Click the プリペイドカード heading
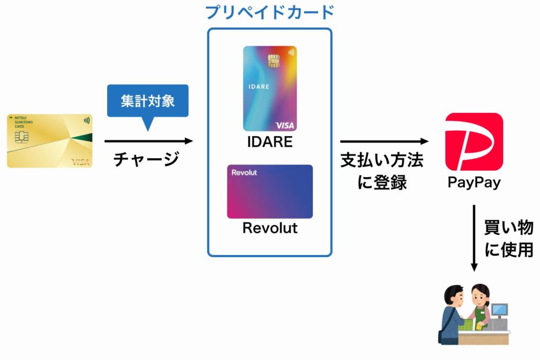(269, 12)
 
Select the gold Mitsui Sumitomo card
(50, 141)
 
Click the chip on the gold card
(22, 138)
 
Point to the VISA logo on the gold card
(80, 161)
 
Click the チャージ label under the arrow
(147, 159)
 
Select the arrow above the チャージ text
(149, 141)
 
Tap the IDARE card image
(269, 89)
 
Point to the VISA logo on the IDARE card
(285, 125)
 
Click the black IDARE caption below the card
(269, 142)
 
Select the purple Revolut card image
(269, 191)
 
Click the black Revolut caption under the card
(269, 228)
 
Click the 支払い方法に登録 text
(382, 171)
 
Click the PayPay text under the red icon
(474, 183)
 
